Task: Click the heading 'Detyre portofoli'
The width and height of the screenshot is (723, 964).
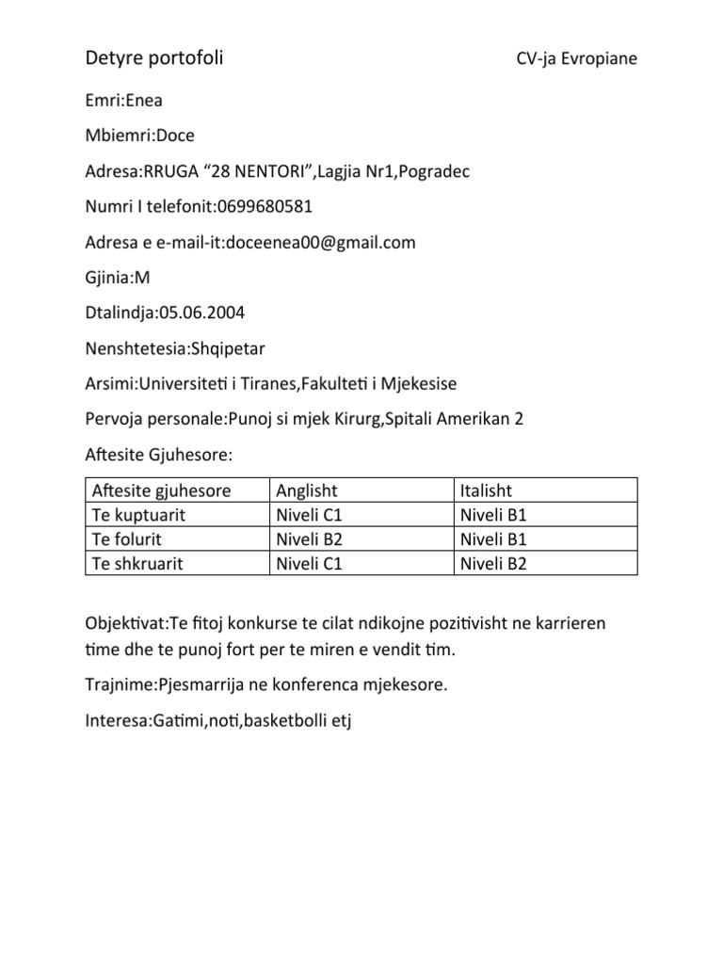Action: click(x=154, y=59)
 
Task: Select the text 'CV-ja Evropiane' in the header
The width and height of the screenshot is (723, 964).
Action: click(x=576, y=59)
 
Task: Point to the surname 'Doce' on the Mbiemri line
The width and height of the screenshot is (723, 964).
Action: click(x=175, y=136)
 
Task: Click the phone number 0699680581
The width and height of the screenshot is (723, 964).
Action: click(x=265, y=206)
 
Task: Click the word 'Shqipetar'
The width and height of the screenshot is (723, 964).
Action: click(x=228, y=348)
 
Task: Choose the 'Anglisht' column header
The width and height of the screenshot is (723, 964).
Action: click(x=307, y=490)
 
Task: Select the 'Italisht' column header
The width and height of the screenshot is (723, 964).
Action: click(x=486, y=490)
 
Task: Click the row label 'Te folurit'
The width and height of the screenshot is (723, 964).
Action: click(x=128, y=539)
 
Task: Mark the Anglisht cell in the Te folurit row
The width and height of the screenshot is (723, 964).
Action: click(x=308, y=539)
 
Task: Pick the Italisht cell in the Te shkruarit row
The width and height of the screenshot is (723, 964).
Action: click(x=493, y=564)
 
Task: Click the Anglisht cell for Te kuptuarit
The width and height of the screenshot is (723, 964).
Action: click(x=308, y=515)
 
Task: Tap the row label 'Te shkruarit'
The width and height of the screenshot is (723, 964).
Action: click(x=136, y=564)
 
